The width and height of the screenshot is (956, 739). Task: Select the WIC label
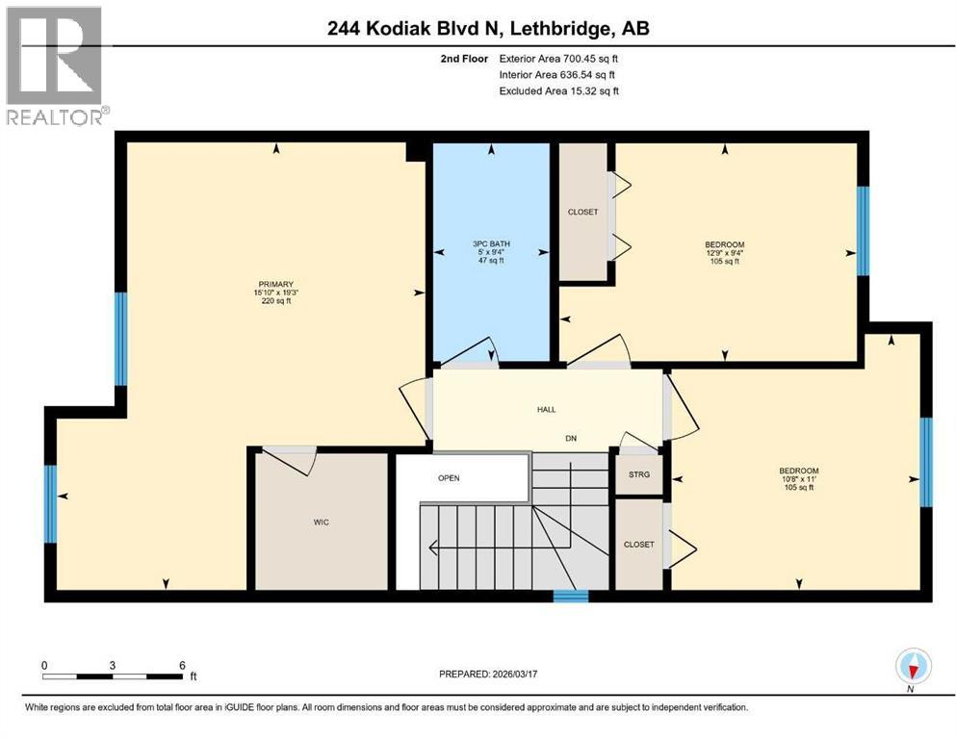[x=321, y=522]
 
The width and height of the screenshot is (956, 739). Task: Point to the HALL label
[x=546, y=410]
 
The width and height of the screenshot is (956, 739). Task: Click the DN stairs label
[x=570, y=437]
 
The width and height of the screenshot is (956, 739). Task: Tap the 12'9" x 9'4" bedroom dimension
[x=724, y=253]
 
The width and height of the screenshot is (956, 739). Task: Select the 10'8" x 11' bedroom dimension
[x=799, y=479]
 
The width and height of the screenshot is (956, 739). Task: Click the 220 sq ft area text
[x=274, y=301]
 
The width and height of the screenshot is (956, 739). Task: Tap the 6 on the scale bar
[x=181, y=665]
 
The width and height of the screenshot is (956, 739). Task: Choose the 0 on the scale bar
[x=43, y=665]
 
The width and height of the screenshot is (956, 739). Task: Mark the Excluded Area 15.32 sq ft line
[x=558, y=91]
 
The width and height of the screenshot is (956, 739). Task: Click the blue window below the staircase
[x=571, y=597]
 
